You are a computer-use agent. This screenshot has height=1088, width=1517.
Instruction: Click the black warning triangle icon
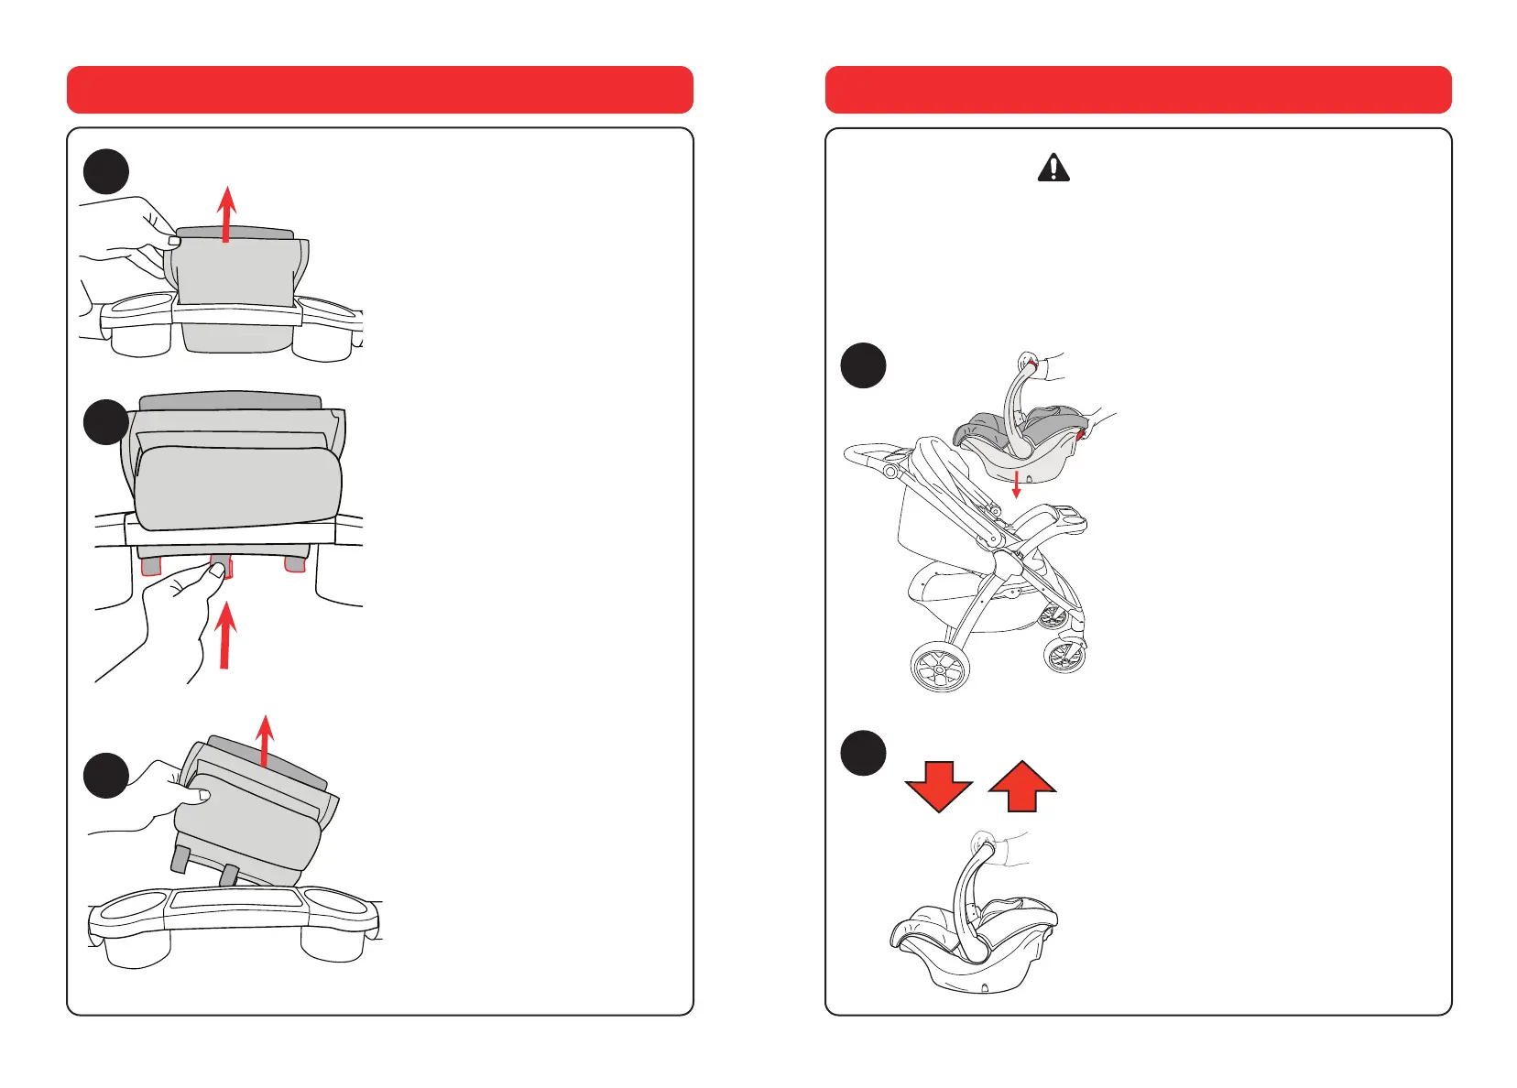click(x=1053, y=168)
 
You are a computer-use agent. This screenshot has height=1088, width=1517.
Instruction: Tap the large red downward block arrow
click(x=938, y=786)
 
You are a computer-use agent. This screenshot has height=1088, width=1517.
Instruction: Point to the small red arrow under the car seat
click(x=1015, y=484)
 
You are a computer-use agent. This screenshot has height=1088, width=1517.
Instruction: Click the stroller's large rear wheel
click(x=940, y=666)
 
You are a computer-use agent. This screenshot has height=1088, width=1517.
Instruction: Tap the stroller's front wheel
click(x=1064, y=656)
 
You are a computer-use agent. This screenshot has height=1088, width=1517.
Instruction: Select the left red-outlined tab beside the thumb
click(x=150, y=565)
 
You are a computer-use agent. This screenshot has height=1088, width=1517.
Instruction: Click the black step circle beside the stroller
click(x=863, y=365)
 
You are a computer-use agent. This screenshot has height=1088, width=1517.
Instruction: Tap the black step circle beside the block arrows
click(x=863, y=753)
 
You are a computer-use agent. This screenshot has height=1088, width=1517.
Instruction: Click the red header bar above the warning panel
click(x=1138, y=90)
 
